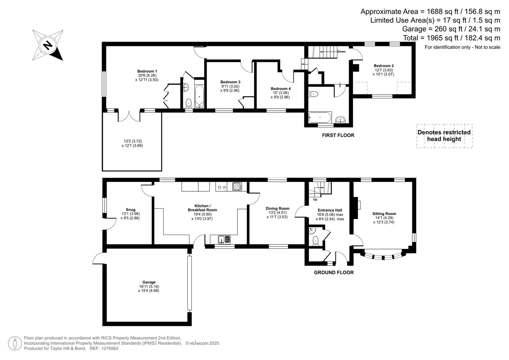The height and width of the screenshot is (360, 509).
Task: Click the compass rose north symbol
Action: (x=48, y=45)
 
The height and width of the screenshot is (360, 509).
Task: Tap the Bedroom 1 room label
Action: (x=147, y=71)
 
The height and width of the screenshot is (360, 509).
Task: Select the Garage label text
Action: (x=149, y=282)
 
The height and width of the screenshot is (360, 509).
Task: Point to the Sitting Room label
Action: (x=384, y=214)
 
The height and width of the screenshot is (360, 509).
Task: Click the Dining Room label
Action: (x=277, y=208)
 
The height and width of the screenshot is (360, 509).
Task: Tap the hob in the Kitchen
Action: (x=237, y=187)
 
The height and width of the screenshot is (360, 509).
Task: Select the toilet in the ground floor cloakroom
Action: (x=315, y=240)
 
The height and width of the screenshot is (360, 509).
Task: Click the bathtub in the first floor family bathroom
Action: (x=320, y=117)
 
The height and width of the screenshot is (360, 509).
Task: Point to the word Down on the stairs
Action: (x=341, y=52)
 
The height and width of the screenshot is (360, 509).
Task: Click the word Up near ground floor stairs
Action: (x=315, y=200)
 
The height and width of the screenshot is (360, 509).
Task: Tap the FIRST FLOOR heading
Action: (x=338, y=135)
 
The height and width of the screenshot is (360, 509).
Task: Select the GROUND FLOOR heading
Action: (x=334, y=272)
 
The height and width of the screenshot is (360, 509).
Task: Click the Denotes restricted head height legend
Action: (x=444, y=136)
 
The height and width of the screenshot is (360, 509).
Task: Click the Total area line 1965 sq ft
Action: (x=451, y=38)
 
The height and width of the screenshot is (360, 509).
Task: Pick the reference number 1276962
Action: (x=110, y=348)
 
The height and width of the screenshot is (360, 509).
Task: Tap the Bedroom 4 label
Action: (x=280, y=89)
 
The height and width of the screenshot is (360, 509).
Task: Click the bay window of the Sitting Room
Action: (x=383, y=257)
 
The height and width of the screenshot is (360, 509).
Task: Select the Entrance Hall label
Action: (x=330, y=210)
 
